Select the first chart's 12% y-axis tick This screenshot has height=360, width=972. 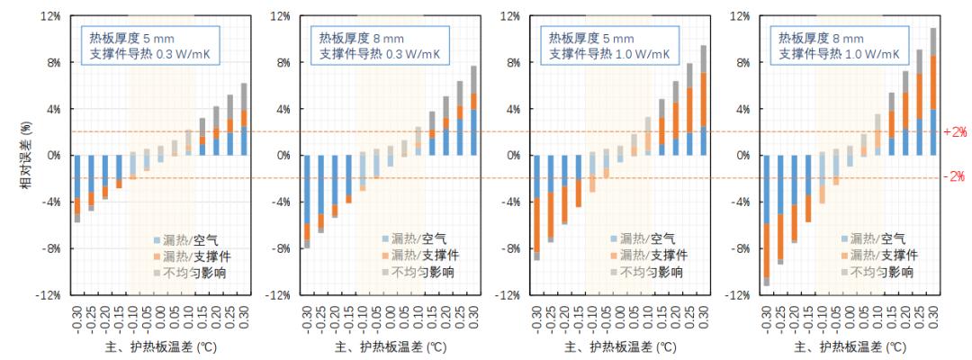[49, 16]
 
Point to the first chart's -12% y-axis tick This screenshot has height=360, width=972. [48, 295]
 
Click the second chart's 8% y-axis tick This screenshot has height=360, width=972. [282, 63]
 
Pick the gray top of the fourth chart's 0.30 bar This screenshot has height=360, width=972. [933, 41]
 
